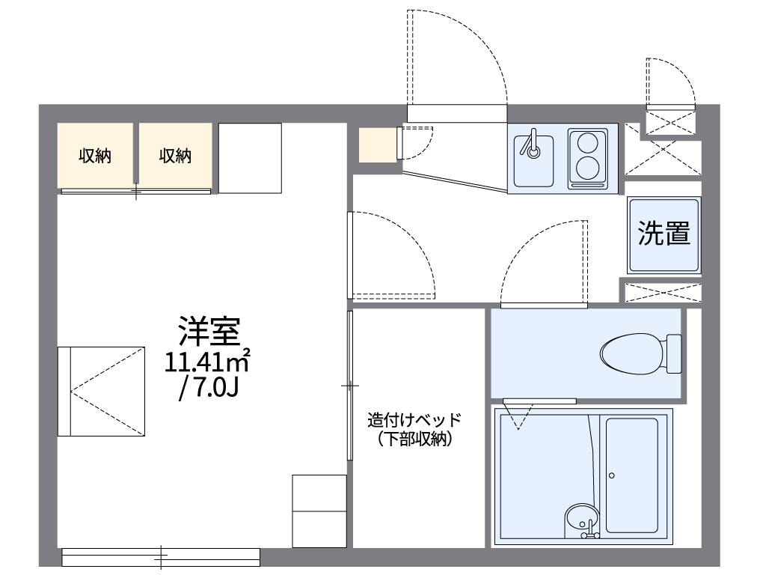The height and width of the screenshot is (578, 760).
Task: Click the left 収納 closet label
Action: pos(96,156)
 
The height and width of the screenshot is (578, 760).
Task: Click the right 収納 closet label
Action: pos(175,156)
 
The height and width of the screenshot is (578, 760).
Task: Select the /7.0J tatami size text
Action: pos(208,390)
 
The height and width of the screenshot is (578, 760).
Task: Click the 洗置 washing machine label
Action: pos(664,234)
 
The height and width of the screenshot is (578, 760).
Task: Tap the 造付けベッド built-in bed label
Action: pos(414,420)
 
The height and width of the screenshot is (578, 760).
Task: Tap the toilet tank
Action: pos(674,353)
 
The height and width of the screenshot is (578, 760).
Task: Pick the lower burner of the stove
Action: pos(586,167)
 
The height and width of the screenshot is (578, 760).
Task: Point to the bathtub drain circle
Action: pos(611,475)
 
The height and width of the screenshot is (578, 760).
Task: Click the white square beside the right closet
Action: pos(250,157)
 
